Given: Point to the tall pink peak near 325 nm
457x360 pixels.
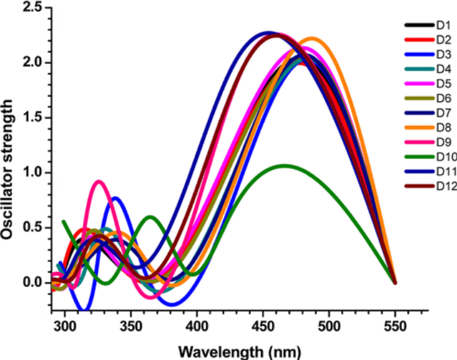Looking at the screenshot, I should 99,181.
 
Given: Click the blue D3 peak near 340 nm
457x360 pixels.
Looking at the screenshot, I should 115,198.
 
